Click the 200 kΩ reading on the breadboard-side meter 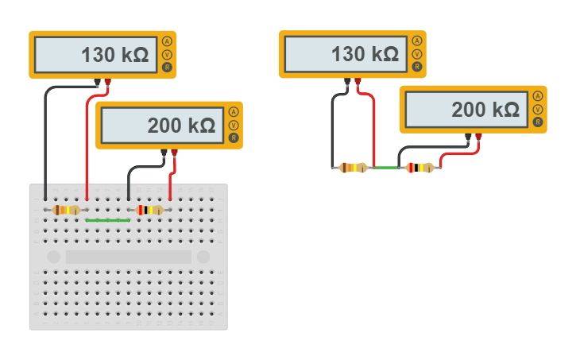[181, 126]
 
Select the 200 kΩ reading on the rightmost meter [485, 110]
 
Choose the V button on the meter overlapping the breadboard [234, 126]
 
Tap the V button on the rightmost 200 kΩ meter [538, 110]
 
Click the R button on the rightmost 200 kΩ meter [538, 122]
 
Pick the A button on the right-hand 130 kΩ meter [417, 41]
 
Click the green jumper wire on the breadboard [107, 219]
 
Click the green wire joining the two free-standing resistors [387, 168]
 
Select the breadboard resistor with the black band [149, 210]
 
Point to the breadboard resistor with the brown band [66, 210]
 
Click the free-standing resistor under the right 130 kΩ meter [353, 168]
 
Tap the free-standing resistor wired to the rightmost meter [420, 168]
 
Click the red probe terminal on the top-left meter [107, 82]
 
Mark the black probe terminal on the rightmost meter [468, 137]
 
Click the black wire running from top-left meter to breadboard [45, 143]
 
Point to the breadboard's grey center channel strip [128, 257]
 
